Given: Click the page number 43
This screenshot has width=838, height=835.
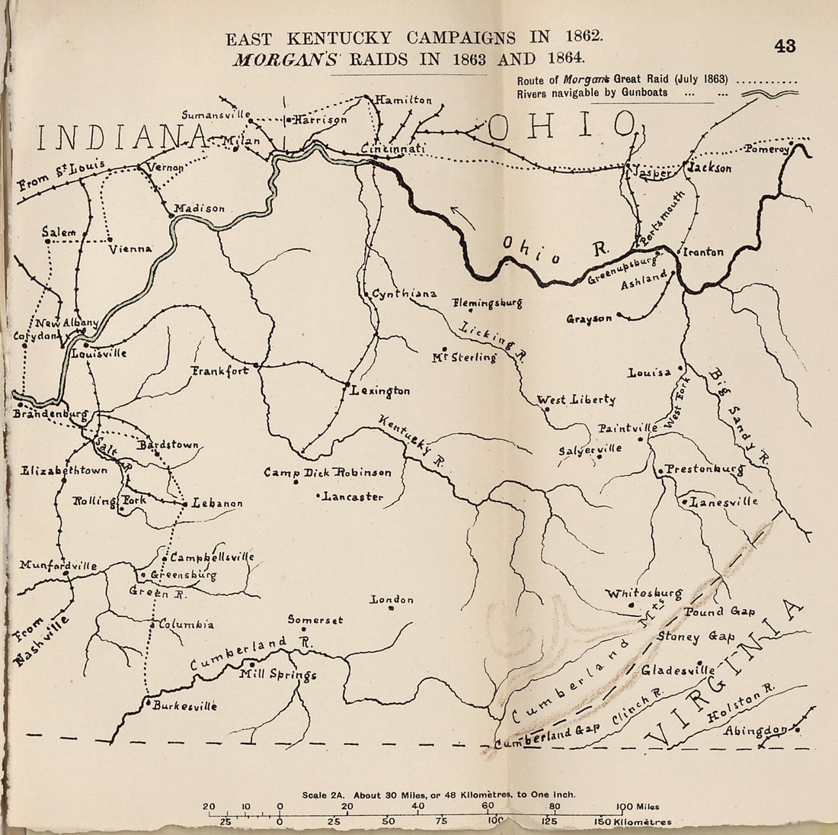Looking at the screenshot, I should pos(784,47).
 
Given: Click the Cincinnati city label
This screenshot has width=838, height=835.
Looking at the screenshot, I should pos(393,149).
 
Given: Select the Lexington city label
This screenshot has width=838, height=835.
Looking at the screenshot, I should pos(380,391).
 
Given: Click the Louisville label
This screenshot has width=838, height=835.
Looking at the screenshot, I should pos(98,353).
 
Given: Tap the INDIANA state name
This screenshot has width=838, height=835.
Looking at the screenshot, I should pos(123,138).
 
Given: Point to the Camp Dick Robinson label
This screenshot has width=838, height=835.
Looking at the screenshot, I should pos(328,473).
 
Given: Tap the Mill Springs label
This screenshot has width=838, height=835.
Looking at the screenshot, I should pos(277,675).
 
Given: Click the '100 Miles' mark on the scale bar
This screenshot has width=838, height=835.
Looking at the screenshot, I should pos(638,807).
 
